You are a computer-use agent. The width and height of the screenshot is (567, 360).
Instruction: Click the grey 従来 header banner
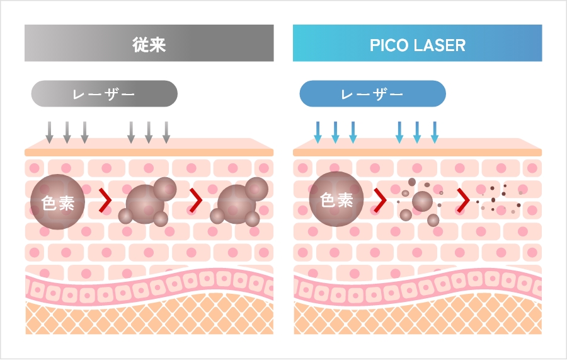point(149,43)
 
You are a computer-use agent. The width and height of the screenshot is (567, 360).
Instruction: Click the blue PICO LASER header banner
point(417,43)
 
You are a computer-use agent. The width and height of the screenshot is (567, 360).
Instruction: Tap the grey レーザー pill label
point(105,94)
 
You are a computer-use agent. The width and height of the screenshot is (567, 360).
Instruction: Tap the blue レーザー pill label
point(373,94)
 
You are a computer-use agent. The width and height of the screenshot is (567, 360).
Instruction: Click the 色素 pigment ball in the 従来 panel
point(57,202)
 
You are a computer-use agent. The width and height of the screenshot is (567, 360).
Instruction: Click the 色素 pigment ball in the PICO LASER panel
point(336,199)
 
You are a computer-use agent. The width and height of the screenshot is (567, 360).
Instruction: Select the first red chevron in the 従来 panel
point(106,200)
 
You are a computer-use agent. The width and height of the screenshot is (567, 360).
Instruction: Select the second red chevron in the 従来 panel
point(197,200)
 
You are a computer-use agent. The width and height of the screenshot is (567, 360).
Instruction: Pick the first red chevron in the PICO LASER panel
point(380,200)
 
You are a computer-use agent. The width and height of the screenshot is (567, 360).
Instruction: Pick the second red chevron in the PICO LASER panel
point(463,200)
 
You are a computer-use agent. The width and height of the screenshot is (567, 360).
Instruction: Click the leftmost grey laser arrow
point(50,132)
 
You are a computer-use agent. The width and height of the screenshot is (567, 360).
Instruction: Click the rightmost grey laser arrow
point(166,132)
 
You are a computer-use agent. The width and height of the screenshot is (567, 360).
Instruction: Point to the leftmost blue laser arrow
point(318,132)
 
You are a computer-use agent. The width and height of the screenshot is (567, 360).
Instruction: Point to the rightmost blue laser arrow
point(435,132)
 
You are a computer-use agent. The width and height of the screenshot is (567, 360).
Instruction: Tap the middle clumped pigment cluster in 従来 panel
point(148,202)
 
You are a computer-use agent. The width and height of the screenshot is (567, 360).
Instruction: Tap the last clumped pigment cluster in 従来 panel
point(239,202)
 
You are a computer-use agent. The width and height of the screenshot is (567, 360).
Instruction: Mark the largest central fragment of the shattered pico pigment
point(422,201)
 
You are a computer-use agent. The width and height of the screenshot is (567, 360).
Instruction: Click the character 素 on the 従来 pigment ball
point(67,203)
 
